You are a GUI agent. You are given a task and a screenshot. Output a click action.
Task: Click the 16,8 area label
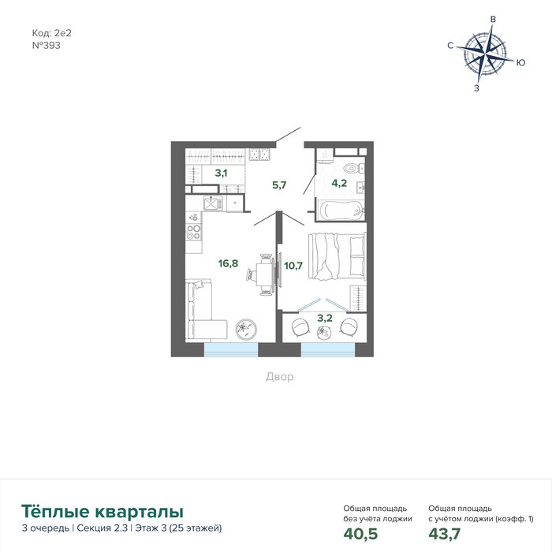click(228, 263)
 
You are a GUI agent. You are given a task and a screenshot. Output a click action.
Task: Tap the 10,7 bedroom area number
click(293, 266)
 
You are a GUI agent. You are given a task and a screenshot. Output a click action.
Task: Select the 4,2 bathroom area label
click(339, 183)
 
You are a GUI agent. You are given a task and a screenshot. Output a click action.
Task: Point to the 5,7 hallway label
click(279, 185)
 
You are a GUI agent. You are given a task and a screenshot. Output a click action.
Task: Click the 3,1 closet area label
click(221, 173)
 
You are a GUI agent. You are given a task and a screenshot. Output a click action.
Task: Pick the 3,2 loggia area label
click(325, 319)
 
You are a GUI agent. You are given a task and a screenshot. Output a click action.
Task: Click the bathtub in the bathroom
click(341, 211)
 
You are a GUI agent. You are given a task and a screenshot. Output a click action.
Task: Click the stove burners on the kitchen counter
click(194, 232)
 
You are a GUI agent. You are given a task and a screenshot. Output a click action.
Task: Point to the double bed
click(338, 256)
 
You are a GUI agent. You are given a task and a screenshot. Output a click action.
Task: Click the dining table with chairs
click(262, 274)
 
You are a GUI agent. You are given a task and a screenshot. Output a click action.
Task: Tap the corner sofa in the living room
click(204, 311)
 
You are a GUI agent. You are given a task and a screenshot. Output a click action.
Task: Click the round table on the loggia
click(323, 332)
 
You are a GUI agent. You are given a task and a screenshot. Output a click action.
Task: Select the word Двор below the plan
click(279, 377)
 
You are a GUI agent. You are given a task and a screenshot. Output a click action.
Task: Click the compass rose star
click(486, 55)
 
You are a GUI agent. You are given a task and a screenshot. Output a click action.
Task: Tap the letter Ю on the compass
click(521, 62)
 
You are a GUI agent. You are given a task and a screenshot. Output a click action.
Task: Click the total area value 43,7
click(444, 534)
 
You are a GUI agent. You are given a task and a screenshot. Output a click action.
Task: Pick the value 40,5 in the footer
click(360, 534)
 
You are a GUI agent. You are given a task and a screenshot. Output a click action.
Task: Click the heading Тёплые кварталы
click(103, 512)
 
